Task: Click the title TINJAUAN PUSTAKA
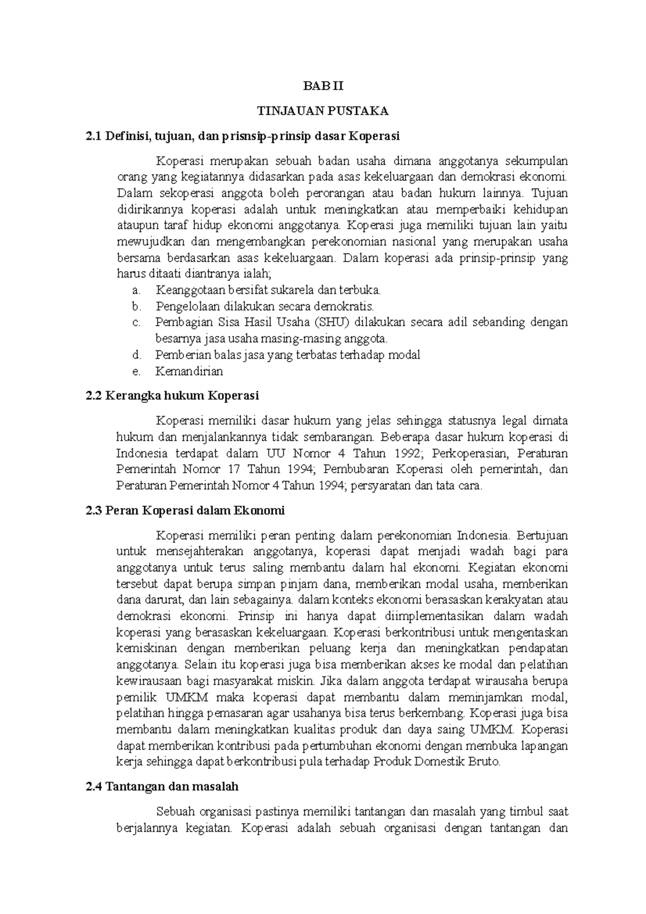point(322,111)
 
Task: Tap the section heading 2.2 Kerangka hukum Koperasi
point(172,396)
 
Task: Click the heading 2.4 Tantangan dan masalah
point(162,786)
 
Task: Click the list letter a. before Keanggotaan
point(136,290)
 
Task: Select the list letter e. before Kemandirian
point(136,371)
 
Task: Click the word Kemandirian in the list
point(189,371)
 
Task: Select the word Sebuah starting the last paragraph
point(175,811)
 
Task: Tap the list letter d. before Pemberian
point(136,355)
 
